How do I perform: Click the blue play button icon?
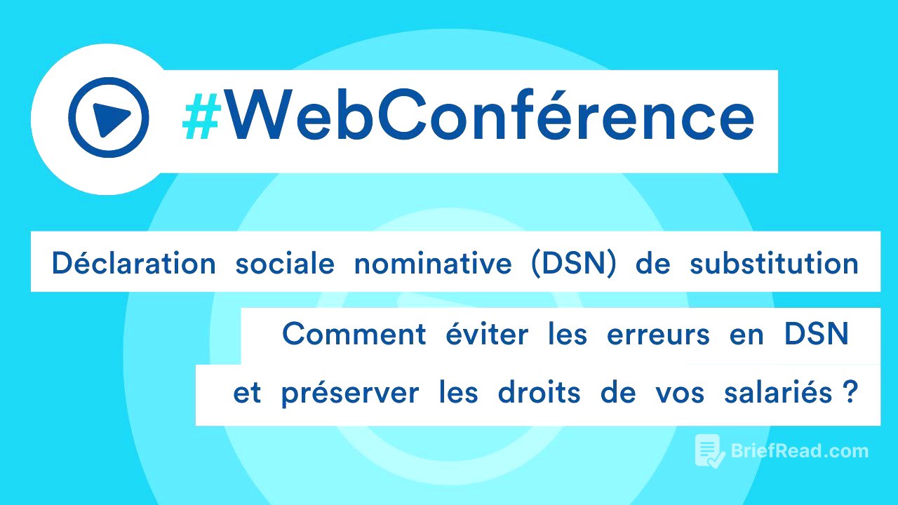pyautogui.click(x=108, y=117)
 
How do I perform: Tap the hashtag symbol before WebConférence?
pyautogui.click(x=200, y=117)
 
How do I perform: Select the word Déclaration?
pyautogui.click(x=133, y=264)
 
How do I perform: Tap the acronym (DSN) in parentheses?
pyautogui.click(x=574, y=264)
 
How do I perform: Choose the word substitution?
pyautogui.click(x=774, y=264)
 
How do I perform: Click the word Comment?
pyautogui.click(x=354, y=335)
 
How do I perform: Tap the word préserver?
pyautogui.click(x=349, y=393)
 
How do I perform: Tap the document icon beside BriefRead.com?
pyautogui.click(x=709, y=451)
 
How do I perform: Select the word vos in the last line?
pyautogui.click(x=678, y=393)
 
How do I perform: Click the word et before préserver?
pyautogui.click(x=247, y=393)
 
